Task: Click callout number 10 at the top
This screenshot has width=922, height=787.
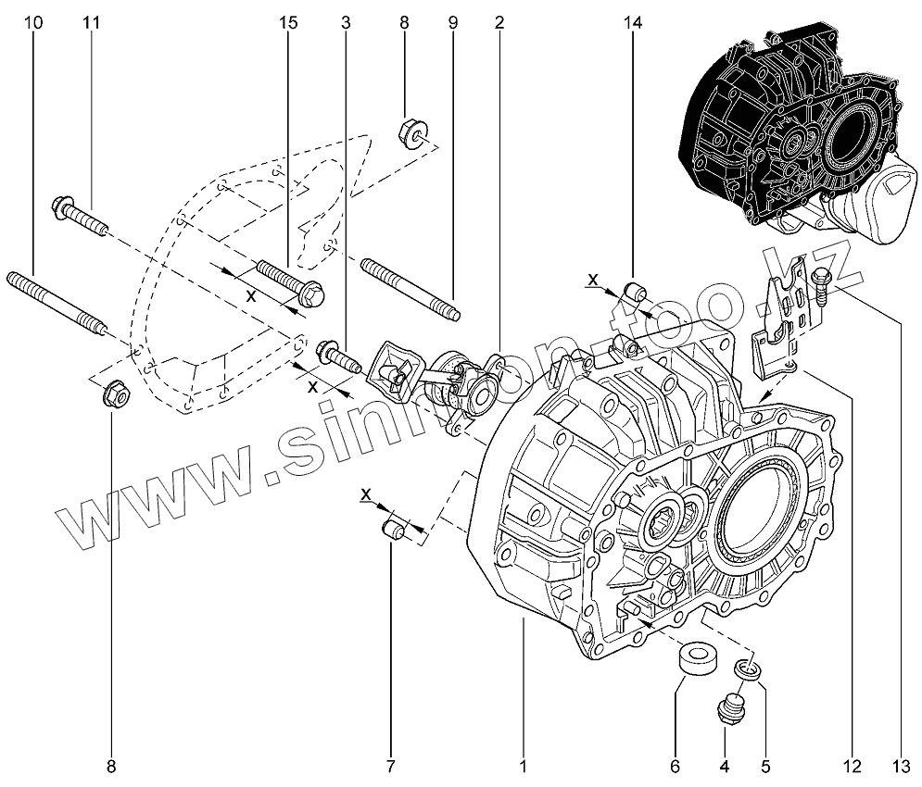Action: tap(34, 22)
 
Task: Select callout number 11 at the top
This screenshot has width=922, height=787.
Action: tap(91, 22)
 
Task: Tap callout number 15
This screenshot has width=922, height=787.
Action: tap(289, 22)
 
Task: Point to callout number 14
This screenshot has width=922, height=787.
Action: tap(634, 22)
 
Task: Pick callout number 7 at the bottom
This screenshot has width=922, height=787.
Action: tap(390, 766)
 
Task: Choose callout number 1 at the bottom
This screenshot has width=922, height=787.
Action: tap(524, 766)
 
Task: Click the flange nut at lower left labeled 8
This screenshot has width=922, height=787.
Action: tap(115, 392)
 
